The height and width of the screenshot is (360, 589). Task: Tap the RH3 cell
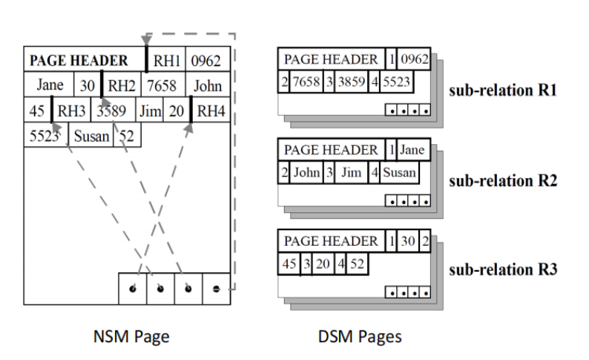click(x=73, y=111)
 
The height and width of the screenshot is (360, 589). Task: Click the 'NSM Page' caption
click(x=132, y=336)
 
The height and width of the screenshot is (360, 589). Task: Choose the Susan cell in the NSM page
click(x=91, y=136)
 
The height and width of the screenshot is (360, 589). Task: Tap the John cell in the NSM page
click(x=208, y=85)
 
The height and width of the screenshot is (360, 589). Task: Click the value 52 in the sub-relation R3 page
click(x=358, y=264)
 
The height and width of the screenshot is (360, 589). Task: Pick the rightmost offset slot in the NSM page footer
click(x=216, y=288)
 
